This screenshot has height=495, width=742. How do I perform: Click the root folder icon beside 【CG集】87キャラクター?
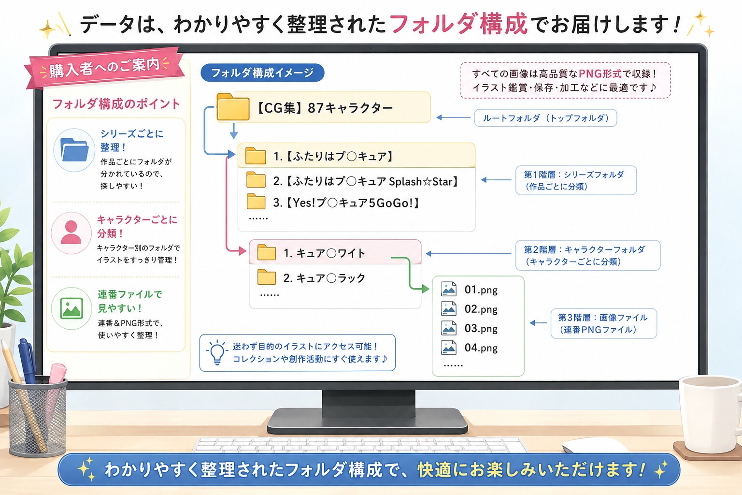233,107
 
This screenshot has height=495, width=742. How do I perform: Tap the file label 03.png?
481,328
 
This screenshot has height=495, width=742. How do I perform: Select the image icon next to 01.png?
448,289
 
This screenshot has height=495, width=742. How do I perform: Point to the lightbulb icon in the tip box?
217,352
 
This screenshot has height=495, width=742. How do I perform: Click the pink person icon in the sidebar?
71,233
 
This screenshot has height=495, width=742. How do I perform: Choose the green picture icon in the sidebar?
71,308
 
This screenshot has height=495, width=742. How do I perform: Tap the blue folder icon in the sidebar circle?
74,150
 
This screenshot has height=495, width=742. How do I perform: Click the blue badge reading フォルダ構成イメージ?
262,73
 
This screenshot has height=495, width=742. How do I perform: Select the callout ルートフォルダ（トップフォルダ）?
545,118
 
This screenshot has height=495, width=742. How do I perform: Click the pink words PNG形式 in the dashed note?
600,73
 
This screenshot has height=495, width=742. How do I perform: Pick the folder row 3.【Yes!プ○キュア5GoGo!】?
333,202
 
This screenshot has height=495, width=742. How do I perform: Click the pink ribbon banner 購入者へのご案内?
104,68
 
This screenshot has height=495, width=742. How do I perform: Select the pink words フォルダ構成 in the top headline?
458,23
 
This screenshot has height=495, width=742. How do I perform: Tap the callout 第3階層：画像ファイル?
603,323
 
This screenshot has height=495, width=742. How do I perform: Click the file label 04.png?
481,348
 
